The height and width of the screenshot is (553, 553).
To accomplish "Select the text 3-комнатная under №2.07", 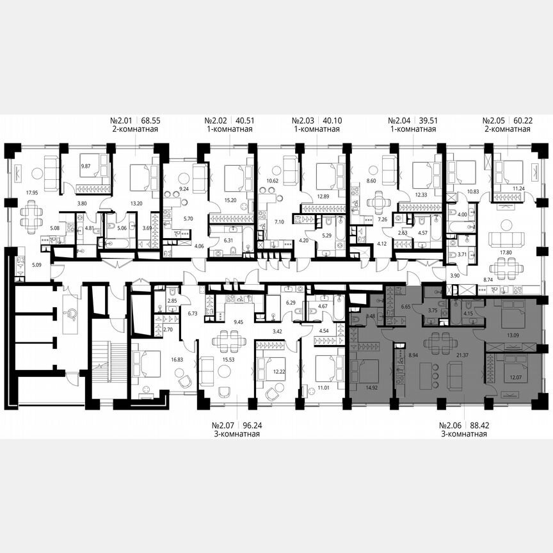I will [237, 434].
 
